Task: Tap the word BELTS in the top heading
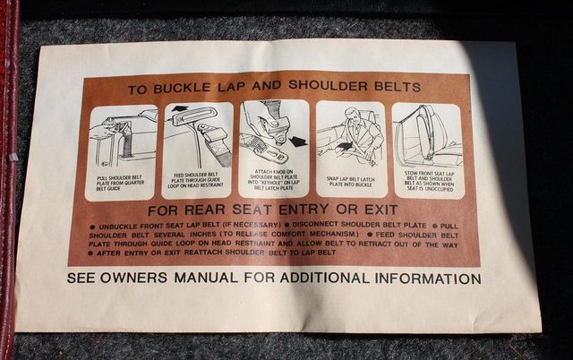tap(393, 87)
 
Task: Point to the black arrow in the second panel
tap(180, 109)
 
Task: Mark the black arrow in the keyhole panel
tap(297, 141)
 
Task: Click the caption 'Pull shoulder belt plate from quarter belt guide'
tap(121, 184)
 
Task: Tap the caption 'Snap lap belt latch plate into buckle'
tap(351, 182)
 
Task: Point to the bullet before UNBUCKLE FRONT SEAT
tap(94, 227)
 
